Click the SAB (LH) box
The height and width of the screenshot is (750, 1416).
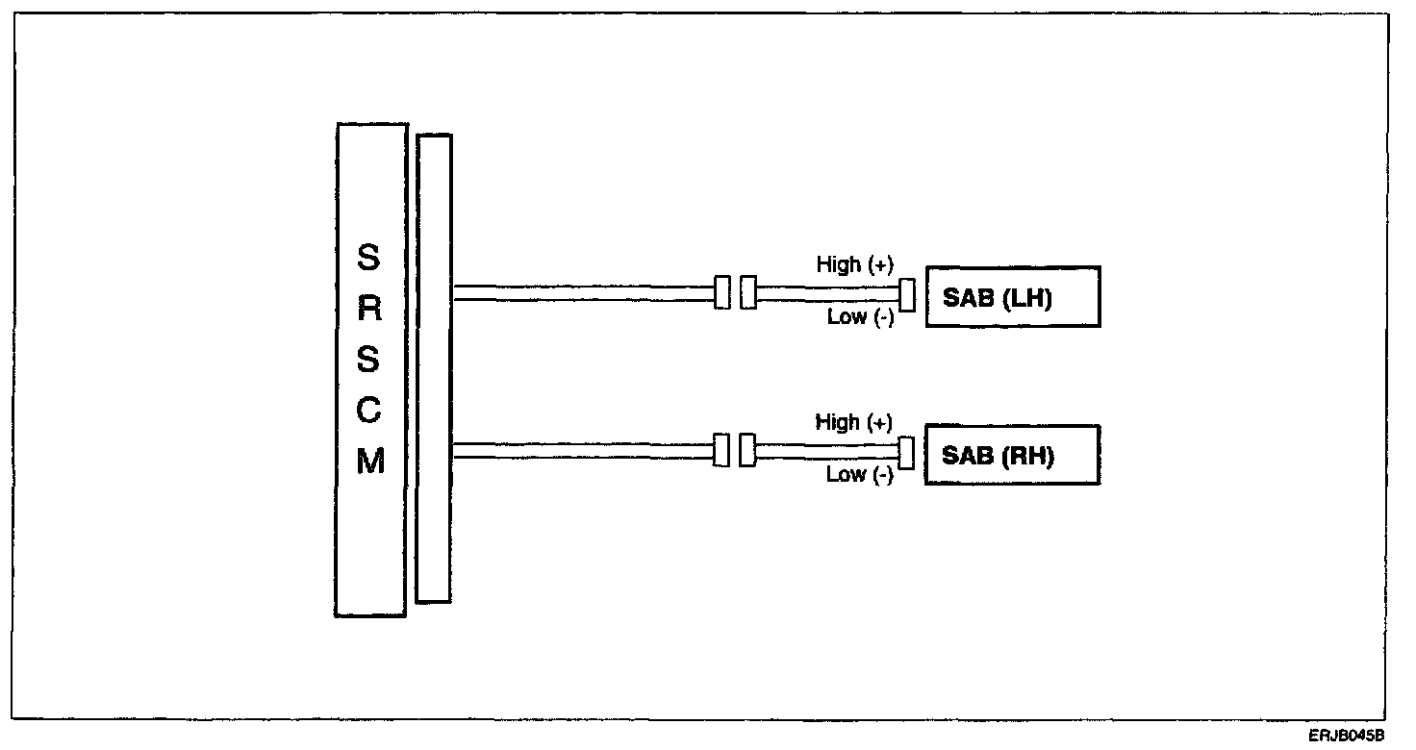click(x=1012, y=297)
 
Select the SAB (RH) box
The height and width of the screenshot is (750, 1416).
click(x=1012, y=455)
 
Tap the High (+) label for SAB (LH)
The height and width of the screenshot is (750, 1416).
click(x=854, y=264)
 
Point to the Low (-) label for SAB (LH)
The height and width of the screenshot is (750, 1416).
click(x=860, y=317)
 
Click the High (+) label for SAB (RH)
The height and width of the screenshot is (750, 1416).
click(x=854, y=422)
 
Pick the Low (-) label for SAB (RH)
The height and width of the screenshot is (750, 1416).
click(x=859, y=475)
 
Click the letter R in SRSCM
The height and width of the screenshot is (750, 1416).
click(x=370, y=310)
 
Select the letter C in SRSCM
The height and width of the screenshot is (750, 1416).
click(x=370, y=412)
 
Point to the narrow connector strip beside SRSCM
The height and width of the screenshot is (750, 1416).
click(x=434, y=368)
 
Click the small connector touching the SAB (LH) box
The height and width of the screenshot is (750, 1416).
click(x=906, y=297)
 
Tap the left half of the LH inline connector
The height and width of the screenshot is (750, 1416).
click(x=722, y=293)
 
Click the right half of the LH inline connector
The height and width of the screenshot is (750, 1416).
click(x=747, y=293)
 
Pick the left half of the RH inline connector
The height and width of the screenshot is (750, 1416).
click(x=721, y=451)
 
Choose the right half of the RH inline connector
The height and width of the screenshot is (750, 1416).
click(x=746, y=451)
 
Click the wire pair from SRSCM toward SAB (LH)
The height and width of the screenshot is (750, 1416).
click(x=582, y=293)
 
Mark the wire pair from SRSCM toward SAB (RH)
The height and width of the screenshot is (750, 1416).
click(x=582, y=451)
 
